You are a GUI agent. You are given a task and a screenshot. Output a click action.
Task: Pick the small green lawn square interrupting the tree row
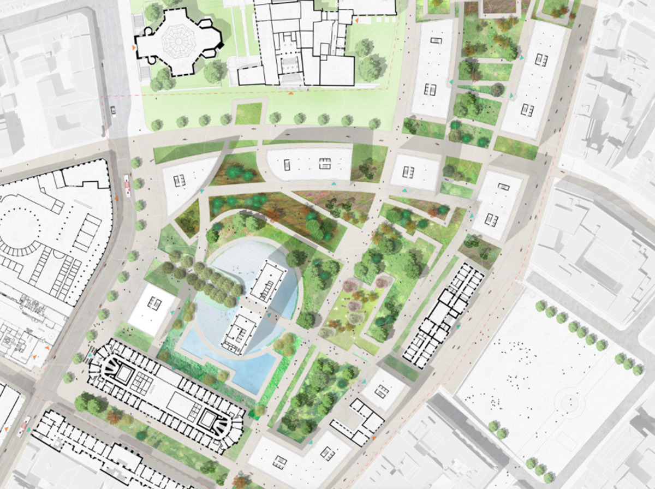click(x=249, y=114)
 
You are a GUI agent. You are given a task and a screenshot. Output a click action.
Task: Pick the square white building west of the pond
click(x=153, y=308)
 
